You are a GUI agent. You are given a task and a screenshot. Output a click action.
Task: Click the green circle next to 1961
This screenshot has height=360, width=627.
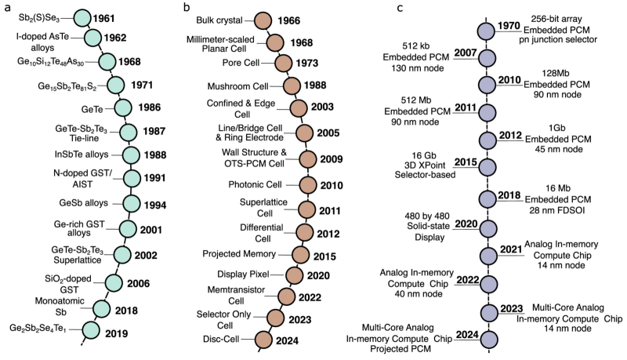83,17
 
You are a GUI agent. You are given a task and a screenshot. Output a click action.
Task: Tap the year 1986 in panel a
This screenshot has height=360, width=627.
150,107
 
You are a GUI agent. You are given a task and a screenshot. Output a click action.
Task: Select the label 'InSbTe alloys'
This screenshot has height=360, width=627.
82,155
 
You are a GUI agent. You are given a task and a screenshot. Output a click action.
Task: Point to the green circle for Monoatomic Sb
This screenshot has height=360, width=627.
101,309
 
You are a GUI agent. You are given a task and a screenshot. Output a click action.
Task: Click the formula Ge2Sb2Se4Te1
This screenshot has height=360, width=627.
38,329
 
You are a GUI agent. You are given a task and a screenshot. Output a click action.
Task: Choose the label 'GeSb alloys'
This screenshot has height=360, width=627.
84,203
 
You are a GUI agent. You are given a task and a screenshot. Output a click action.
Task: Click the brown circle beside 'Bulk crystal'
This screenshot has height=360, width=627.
263,20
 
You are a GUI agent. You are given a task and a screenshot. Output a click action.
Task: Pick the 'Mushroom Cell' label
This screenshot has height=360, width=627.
238,86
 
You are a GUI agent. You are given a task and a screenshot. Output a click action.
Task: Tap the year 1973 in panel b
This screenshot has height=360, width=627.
307,64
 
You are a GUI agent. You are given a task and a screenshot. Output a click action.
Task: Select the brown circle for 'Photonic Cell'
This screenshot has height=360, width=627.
308,185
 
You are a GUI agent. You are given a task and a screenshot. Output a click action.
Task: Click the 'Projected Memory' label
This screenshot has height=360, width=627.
239,254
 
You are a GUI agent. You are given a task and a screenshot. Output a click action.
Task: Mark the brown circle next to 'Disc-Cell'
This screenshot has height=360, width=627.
263,340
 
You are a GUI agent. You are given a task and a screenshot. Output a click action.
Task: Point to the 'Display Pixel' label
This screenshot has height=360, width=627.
243,275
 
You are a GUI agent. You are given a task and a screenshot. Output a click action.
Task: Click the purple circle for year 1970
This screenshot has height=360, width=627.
487,31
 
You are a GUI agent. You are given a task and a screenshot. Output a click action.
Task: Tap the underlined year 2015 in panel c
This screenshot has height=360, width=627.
466,162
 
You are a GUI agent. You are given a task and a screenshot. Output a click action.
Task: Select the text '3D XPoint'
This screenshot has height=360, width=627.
424,165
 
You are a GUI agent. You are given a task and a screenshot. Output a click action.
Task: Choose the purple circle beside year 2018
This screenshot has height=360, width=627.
487,199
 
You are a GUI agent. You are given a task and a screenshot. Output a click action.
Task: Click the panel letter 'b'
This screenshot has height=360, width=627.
187,7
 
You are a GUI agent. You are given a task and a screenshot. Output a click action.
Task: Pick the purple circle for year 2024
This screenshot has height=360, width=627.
488,340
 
